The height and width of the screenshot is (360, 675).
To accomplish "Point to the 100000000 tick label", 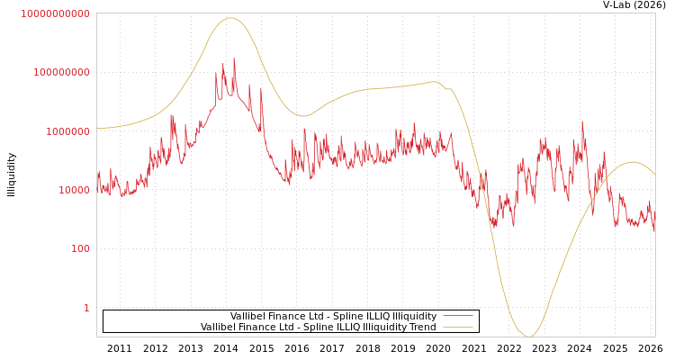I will tap(61, 72).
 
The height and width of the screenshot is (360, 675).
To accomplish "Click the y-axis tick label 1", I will tap(86, 308).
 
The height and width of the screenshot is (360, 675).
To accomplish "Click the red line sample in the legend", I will tap(458, 317).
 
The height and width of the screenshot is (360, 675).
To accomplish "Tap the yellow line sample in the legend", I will tap(458, 328).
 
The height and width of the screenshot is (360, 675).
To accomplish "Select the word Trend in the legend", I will tap(422, 328).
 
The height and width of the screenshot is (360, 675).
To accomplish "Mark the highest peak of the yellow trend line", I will tap(230, 18).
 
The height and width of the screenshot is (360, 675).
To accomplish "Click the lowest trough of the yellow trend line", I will tap(530, 337).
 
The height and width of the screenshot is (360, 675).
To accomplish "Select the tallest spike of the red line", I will tap(235, 59).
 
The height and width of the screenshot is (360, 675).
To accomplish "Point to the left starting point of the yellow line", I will tap(97, 128).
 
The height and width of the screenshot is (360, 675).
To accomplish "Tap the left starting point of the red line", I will tap(97, 180).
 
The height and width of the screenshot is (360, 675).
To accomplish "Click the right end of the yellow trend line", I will tap(654, 174).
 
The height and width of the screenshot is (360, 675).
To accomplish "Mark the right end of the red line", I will tap(654, 231).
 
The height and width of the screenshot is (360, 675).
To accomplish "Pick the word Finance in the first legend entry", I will tap(287, 317).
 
